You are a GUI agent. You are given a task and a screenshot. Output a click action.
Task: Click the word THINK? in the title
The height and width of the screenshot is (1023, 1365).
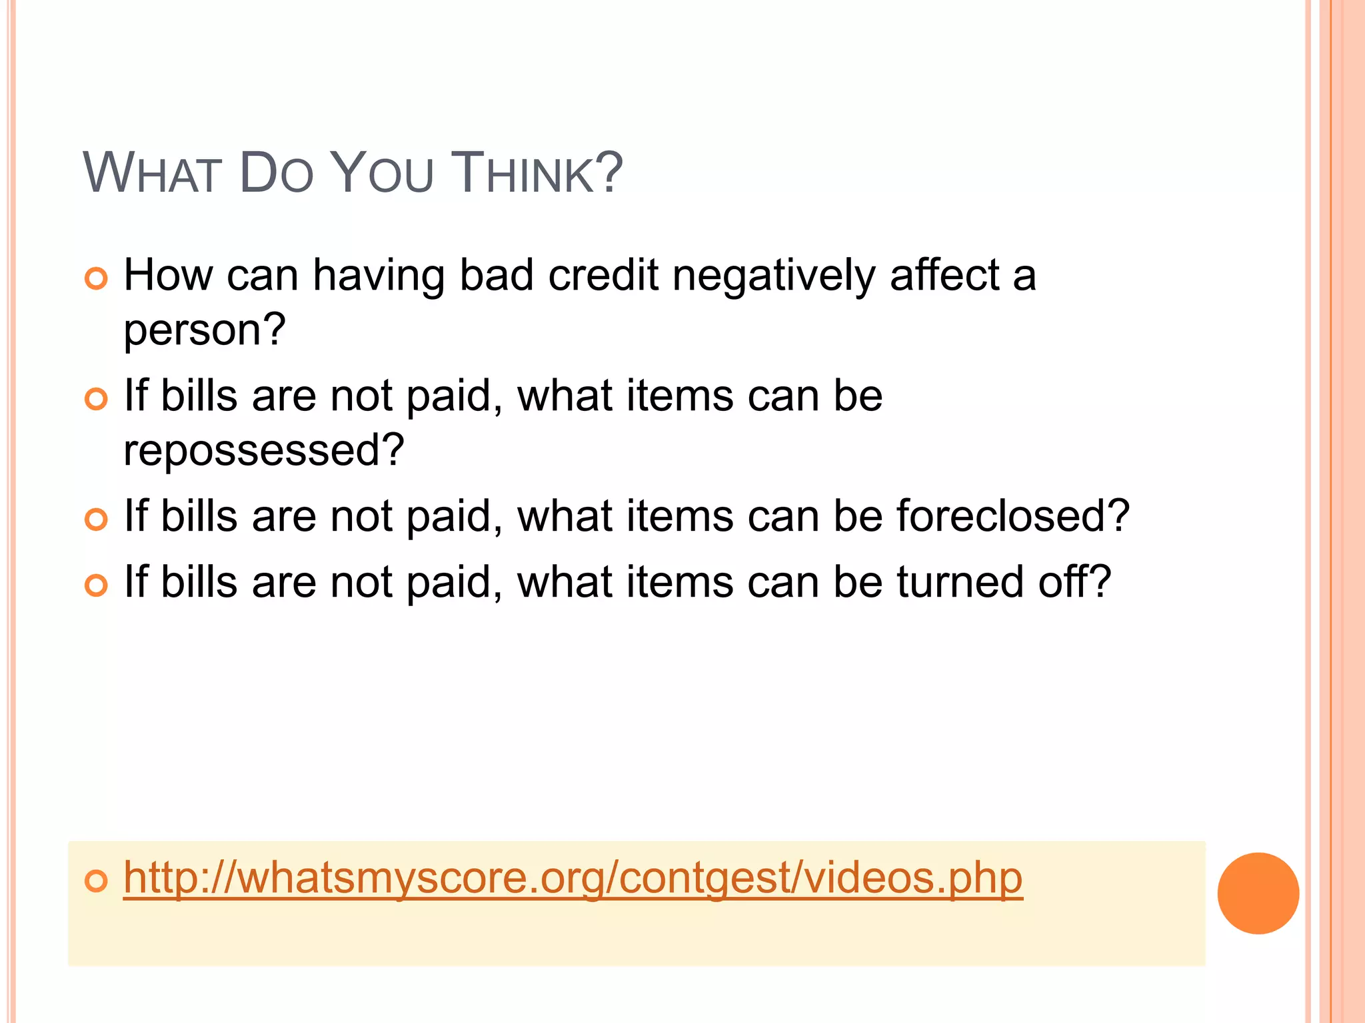(x=537, y=173)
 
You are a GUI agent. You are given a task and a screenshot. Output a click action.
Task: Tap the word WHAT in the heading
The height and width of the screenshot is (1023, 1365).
(x=152, y=173)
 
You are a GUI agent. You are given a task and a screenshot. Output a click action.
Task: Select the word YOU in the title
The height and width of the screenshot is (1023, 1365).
(x=382, y=173)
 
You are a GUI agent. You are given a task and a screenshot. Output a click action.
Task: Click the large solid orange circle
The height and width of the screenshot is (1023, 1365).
(x=1258, y=893)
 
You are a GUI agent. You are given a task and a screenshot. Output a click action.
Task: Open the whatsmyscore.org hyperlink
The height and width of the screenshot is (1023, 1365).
(x=573, y=878)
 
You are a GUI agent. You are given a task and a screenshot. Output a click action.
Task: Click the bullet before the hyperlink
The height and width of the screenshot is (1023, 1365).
(x=97, y=880)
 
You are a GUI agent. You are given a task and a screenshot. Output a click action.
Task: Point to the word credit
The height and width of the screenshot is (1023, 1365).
(x=603, y=275)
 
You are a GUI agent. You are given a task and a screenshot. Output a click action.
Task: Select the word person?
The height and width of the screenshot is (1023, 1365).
(x=205, y=330)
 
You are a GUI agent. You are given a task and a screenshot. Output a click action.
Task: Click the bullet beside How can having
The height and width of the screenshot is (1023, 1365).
(x=97, y=279)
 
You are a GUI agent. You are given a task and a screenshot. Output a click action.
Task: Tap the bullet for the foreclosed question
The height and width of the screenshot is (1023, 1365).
(x=97, y=519)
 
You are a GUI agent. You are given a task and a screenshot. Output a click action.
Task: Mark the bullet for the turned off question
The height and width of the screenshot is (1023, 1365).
(x=97, y=585)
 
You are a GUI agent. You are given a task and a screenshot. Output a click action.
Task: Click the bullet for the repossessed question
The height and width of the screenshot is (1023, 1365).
(x=97, y=399)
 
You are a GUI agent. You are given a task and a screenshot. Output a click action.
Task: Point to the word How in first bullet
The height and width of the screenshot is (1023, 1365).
(x=167, y=275)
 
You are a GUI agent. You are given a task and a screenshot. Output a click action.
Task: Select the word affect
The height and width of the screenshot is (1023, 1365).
(x=944, y=275)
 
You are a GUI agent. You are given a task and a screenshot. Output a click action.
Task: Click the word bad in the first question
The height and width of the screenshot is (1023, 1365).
(x=497, y=275)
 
